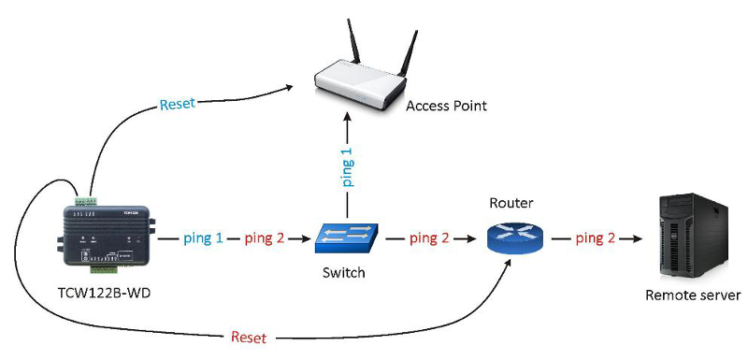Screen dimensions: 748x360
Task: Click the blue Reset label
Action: [x=178, y=104]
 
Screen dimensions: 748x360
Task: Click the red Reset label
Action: [x=249, y=338]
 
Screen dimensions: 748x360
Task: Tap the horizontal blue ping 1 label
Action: [x=204, y=238]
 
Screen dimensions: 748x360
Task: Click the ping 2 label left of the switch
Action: [x=265, y=238]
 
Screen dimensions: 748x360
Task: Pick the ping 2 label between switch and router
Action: [x=429, y=238]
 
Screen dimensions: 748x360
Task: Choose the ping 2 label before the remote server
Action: [x=596, y=238]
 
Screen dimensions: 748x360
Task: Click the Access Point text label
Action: [x=447, y=106]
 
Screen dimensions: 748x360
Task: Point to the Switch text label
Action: [x=343, y=273]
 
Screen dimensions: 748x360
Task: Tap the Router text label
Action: [x=511, y=204]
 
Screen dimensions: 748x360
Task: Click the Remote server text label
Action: [x=693, y=295]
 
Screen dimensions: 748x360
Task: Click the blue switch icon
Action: [x=347, y=238]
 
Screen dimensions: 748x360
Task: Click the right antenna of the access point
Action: [x=409, y=52]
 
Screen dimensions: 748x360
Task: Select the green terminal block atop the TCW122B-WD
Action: [x=86, y=199]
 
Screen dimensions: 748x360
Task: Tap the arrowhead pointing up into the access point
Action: [x=348, y=119]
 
